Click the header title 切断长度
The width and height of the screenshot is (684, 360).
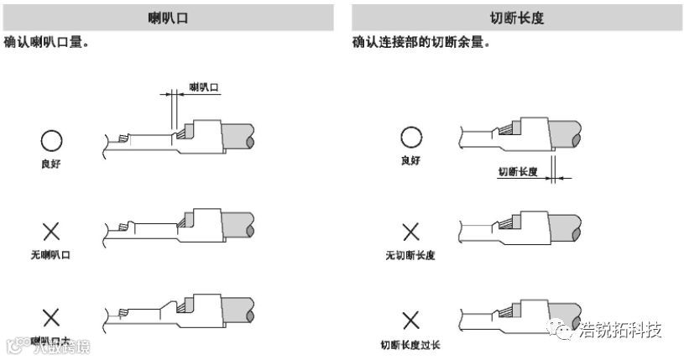[x=516, y=17]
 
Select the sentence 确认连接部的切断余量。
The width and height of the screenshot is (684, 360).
[x=420, y=41]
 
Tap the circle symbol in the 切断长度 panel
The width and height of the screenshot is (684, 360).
[x=410, y=138]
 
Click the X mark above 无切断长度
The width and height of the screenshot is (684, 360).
[x=410, y=232]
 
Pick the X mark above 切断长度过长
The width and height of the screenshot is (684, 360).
[x=410, y=321]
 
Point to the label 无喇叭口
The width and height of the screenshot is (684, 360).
[x=51, y=254]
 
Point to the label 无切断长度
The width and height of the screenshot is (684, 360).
[x=410, y=254]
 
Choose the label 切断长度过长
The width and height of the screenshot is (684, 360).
[x=410, y=344]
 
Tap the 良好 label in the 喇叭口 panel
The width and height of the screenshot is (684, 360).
[x=51, y=164]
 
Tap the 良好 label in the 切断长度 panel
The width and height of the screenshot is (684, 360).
[x=410, y=159]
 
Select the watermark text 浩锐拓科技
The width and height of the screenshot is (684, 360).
[x=621, y=329]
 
